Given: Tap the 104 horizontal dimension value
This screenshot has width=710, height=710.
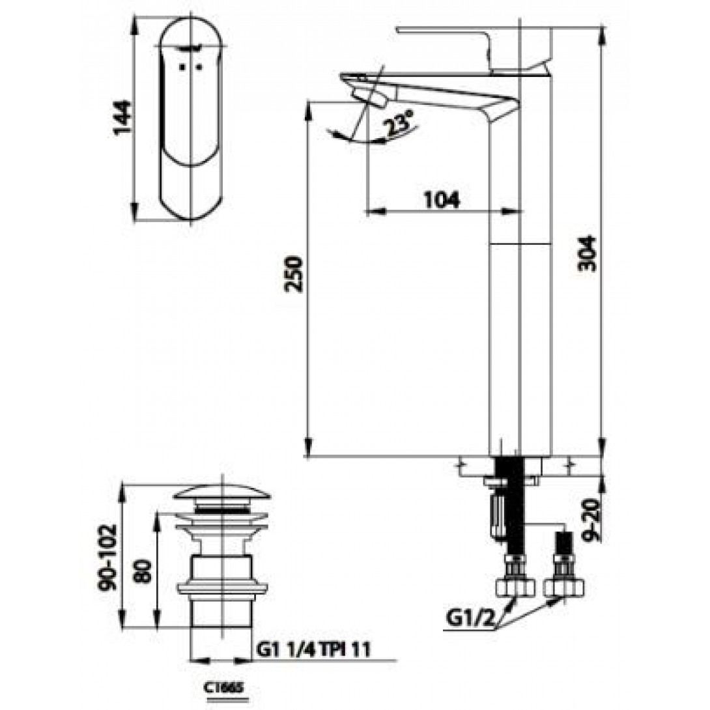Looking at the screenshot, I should point(441,199).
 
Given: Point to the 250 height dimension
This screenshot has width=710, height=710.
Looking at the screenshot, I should point(294,274).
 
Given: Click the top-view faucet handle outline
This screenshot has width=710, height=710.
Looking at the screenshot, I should point(193,118).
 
